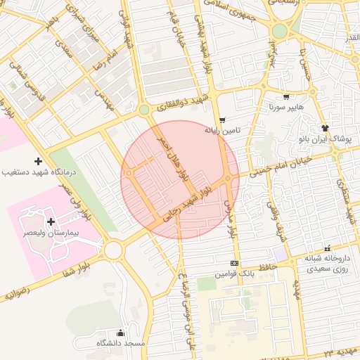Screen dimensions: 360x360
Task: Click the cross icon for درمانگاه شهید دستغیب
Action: tap(38, 160)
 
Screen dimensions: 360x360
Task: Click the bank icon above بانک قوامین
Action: tap(234, 263)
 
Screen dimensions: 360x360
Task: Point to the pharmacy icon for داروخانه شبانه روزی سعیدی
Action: tap(327, 248)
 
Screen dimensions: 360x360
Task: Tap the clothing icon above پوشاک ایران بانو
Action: tap(324, 128)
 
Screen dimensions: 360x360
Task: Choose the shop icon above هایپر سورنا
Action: tap(285, 97)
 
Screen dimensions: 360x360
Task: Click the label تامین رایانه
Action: tap(223, 130)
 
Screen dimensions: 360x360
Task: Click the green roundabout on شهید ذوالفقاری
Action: tap(143, 110)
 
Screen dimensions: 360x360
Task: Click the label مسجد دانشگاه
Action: tap(120, 344)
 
